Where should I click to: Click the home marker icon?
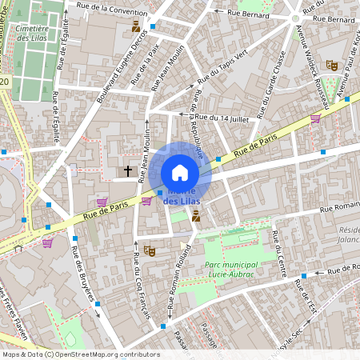pyautogui.click(x=180, y=173)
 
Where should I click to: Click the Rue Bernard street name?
pyautogui.click(x=241, y=14)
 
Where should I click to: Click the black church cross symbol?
pyautogui.click(x=127, y=170)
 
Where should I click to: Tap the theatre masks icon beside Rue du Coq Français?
pyautogui.click(x=150, y=251)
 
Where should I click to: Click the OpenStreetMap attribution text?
pyautogui.click(x=80, y=354)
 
